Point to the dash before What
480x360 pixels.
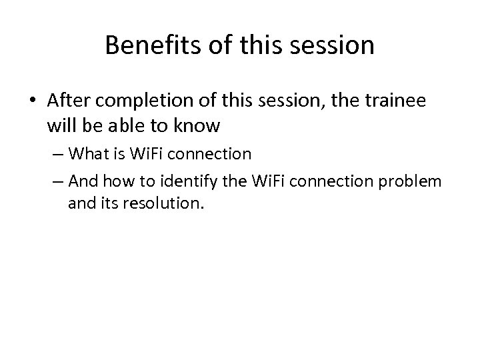pos(75,155)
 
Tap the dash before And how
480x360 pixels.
pos(75,181)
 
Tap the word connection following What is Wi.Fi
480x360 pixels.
pos(218,154)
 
